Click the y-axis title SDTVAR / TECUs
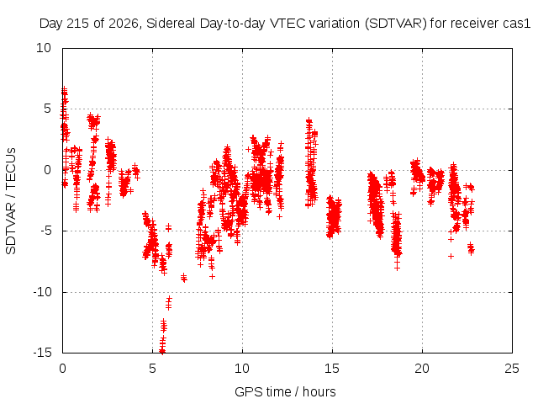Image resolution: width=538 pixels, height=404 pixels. (11, 201)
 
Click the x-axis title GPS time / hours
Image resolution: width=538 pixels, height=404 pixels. (285, 392)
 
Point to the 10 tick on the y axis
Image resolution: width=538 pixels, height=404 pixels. (44, 48)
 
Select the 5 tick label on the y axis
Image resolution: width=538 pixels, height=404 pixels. (47, 109)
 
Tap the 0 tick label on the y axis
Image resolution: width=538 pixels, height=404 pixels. (47, 170)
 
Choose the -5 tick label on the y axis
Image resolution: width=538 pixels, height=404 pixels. (44, 231)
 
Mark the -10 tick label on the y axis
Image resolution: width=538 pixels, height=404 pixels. (42, 292)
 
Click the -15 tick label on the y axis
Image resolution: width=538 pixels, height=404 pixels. (42, 353)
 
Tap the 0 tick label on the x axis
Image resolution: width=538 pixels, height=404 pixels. (62, 369)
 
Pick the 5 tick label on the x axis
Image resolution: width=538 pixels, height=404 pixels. (152, 369)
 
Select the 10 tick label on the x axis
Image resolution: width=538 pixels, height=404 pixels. (242, 369)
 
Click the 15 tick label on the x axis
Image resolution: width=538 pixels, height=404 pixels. (332, 369)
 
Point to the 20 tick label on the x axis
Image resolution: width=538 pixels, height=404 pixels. (422, 369)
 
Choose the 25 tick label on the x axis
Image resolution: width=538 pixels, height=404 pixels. (512, 369)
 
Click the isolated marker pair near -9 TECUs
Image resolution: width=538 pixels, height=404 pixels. (184, 277)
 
